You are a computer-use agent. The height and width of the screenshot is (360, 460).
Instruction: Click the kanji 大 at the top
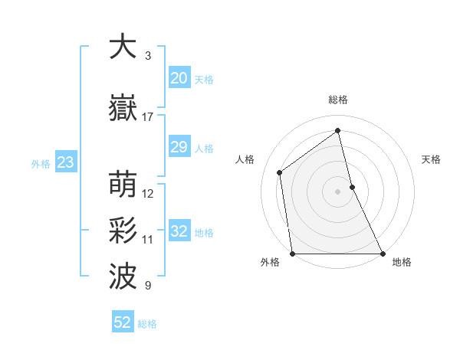tap(123, 47)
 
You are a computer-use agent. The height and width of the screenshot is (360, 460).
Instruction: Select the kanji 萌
tap(123, 185)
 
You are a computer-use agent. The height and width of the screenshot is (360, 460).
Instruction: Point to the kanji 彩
tap(123, 231)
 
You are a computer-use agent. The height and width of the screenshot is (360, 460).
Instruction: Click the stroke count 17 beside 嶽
tap(148, 117)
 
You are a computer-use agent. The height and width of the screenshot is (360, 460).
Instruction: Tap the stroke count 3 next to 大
tap(148, 56)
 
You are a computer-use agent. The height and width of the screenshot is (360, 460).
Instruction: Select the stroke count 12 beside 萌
tap(148, 194)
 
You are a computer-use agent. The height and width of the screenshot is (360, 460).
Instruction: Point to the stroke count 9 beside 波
tap(148, 286)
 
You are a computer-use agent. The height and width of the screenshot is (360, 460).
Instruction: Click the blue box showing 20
tap(179, 77)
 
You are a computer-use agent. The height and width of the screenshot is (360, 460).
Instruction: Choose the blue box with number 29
tap(179, 147)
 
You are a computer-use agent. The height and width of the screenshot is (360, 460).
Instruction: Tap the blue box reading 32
tap(179, 231)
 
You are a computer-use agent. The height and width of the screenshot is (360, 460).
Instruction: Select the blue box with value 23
tap(65, 162)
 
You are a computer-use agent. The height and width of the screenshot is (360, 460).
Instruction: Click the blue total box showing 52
tap(123, 322)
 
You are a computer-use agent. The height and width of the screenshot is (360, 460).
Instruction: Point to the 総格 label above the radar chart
tap(337, 100)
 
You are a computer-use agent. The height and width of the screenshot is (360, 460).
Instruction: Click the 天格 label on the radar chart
tap(431, 159)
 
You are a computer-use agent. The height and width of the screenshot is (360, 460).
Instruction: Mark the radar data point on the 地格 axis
tap(382, 254)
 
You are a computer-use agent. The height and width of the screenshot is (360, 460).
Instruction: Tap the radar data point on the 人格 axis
tap(280, 172)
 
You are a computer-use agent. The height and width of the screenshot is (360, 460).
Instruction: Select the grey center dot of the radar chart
tap(337, 191)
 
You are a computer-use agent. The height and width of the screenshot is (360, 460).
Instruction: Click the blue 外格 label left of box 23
tap(40, 163)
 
